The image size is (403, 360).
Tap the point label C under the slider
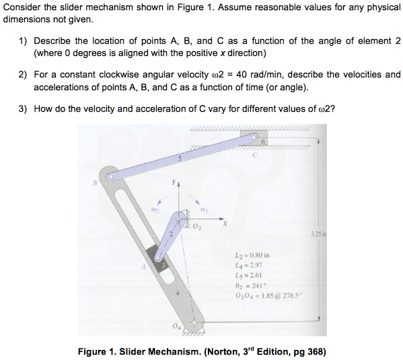coord(255,155)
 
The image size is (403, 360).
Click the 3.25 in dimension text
coord(316,235)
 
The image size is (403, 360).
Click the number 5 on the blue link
coord(180,159)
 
